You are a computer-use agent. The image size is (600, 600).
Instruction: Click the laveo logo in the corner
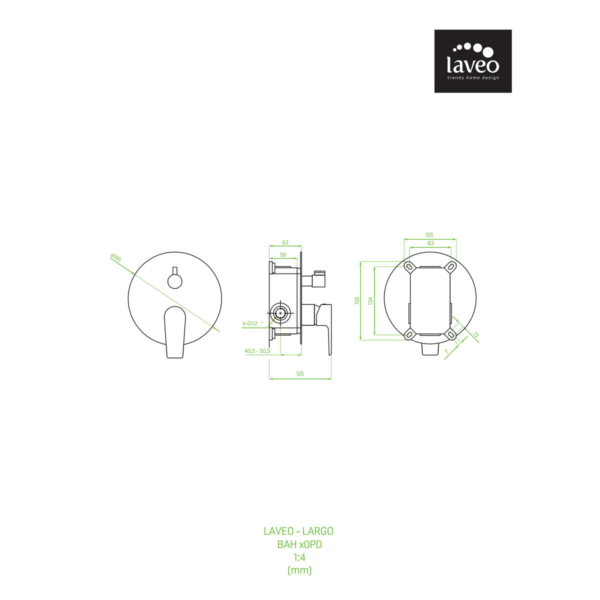point(472,61)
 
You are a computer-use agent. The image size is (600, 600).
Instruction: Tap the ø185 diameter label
point(116,258)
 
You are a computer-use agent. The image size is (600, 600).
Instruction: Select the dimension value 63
point(285,242)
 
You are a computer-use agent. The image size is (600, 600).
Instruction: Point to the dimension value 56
point(282,255)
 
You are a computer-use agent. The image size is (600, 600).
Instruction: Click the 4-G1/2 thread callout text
point(250,324)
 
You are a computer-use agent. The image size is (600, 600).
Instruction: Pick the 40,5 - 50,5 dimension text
point(257,351)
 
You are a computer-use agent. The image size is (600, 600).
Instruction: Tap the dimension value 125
point(300,374)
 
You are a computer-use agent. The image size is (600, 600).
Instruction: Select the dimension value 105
point(429,235)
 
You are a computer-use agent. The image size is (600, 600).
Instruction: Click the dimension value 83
point(430,243)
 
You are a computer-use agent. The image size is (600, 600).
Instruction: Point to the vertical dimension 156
point(357,300)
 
